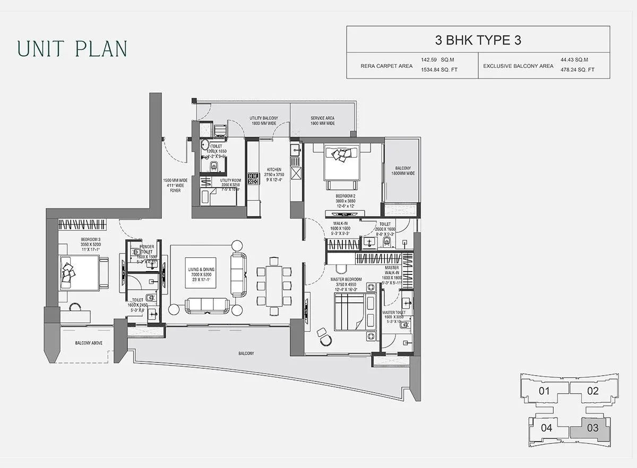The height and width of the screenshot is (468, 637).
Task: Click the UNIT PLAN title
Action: click(x=72, y=48)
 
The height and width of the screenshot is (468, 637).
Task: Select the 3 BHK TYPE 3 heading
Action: click(x=478, y=40)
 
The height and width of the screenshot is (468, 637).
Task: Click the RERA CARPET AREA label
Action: click(x=379, y=66)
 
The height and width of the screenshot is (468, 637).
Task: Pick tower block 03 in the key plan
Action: click(x=593, y=427)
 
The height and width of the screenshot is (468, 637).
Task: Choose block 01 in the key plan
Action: click(x=544, y=392)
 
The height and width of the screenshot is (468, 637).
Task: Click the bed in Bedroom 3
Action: click(x=80, y=272)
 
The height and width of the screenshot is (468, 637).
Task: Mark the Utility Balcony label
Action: click(x=264, y=121)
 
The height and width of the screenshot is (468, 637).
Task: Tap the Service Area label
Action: click(x=322, y=121)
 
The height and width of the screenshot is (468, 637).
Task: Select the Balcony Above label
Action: click(x=89, y=343)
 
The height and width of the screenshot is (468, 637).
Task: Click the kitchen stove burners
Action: click(x=253, y=179)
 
